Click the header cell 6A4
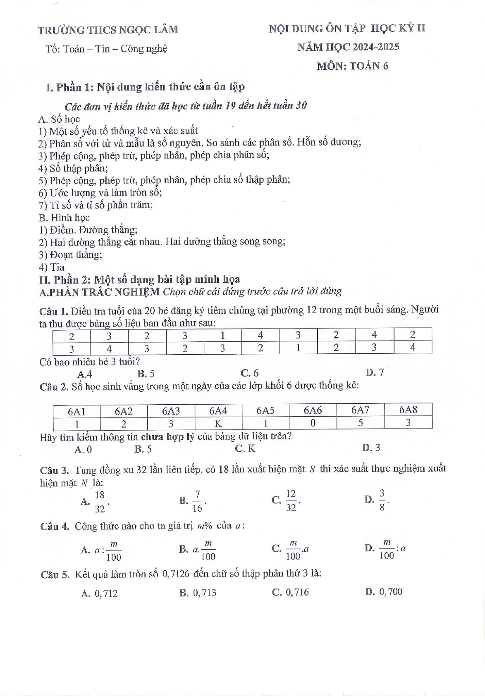pyautogui.click(x=218, y=410)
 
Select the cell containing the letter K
pyautogui.click(x=218, y=423)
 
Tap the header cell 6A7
pyautogui.click(x=360, y=410)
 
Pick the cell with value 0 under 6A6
pyautogui.click(x=313, y=423)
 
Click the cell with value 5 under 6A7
pyautogui.click(x=360, y=423)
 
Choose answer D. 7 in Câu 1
pyautogui.click(x=375, y=372)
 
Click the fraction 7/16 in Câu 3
pyautogui.click(x=197, y=501)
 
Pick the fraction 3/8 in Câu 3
pyautogui.click(x=382, y=500)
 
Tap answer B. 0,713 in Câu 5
pyautogui.click(x=198, y=593)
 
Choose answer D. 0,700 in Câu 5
pyautogui.click(x=383, y=592)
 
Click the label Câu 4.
pyautogui.click(x=55, y=526)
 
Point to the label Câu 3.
pyautogui.click(x=54, y=470)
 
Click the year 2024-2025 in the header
pyautogui.click(x=376, y=47)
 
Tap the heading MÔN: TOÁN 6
pyautogui.click(x=352, y=66)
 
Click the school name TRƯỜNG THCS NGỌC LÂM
pyautogui.click(x=108, y=30)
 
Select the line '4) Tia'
pyautogui.click(x=52, y=267)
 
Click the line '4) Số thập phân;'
pyautogui.click(x=73, y=168)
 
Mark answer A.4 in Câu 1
pyautogui.click(x=84, y=374)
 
